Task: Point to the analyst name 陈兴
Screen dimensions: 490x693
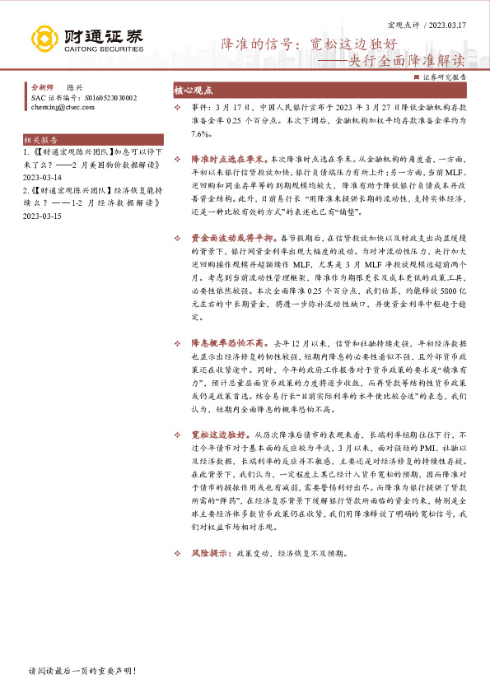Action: click(x=75, y=87)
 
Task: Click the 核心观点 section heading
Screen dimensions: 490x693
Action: click(x=194, y=91)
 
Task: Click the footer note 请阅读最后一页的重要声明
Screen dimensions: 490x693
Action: click(x=81, y=672)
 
